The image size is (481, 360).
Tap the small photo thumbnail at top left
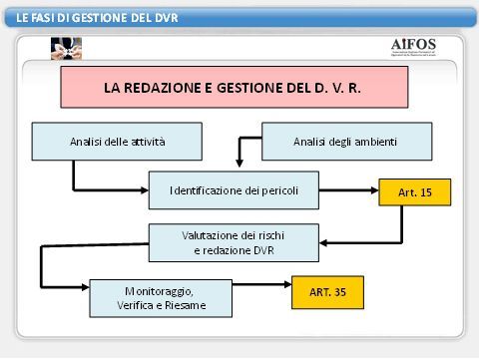pos(66,49)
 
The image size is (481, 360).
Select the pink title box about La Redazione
pos(235,87)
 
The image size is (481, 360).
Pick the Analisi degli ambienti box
pos(346,142)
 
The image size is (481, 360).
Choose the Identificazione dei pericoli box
pos(234,189)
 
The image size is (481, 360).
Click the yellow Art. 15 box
pos(414,191)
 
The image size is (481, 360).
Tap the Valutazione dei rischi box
pos(234,242)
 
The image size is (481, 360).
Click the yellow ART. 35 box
pos(327,292)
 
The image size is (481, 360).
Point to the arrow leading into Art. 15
pos(363,190)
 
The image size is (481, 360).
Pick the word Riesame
pos(187,305)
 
